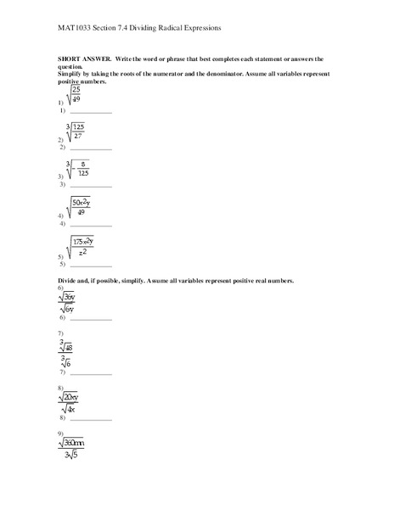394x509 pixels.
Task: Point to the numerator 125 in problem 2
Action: tap(78, 126)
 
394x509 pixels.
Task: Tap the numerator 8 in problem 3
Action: tap(82, 164)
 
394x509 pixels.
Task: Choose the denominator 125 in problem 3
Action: tap(82, 175)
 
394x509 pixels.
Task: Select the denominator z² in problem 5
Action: tap(82, 253)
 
